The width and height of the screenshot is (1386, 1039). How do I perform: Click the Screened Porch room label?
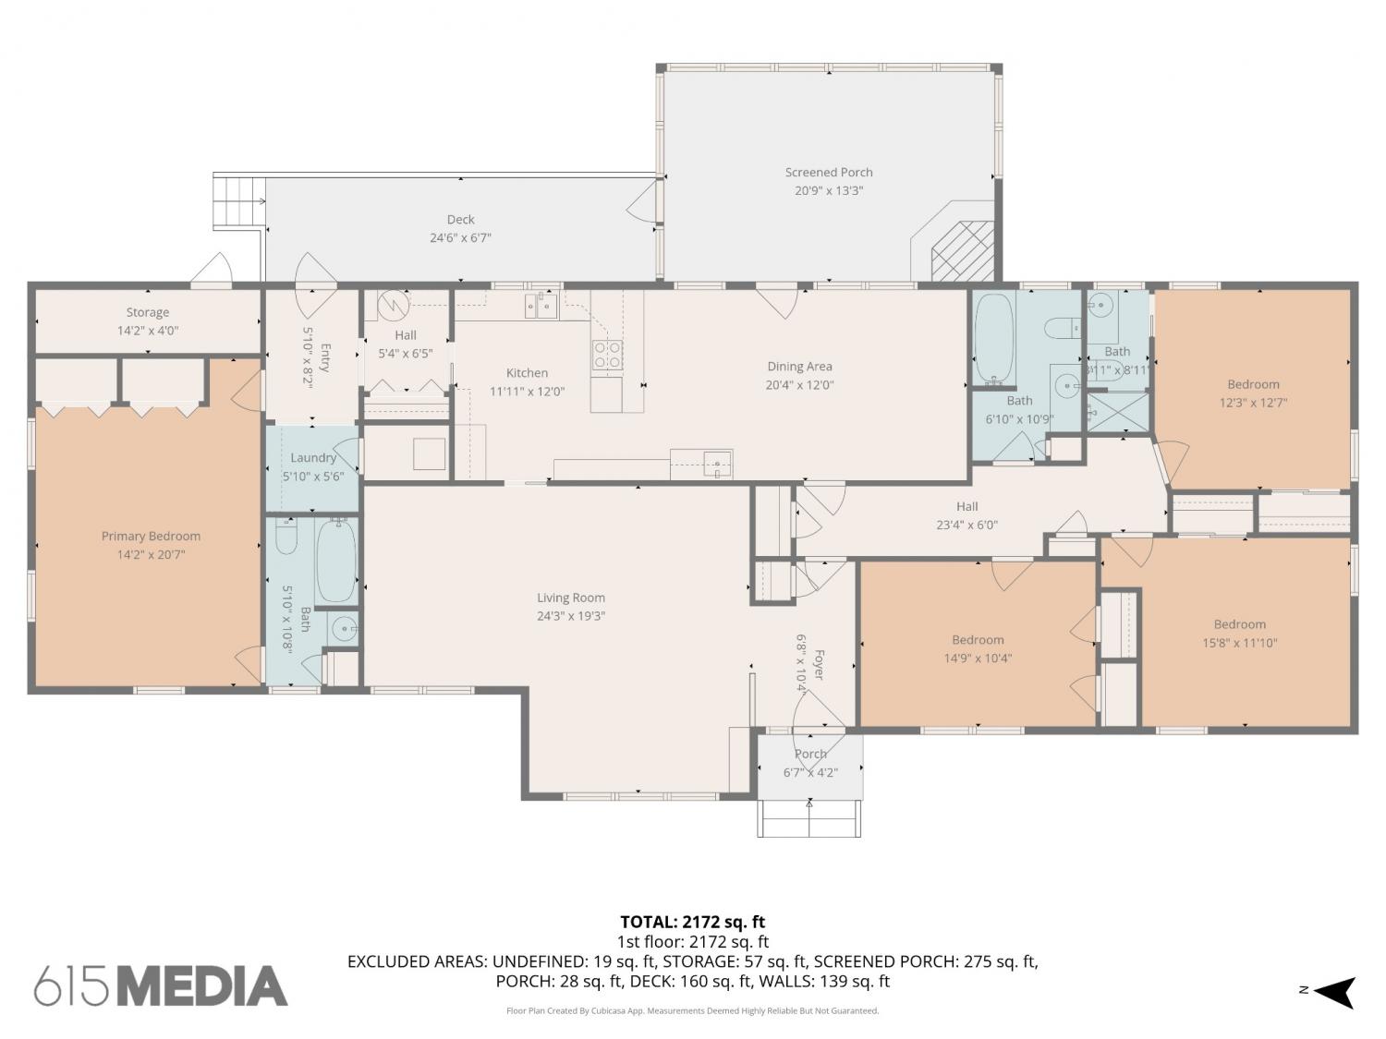click(x=829, y=172)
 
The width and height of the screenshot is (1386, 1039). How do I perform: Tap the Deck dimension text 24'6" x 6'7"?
click(x=460, y=238)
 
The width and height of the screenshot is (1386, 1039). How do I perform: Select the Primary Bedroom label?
click(x=151, y=537)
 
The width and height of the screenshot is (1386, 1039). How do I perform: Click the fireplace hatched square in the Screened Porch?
click(x=962, y=250)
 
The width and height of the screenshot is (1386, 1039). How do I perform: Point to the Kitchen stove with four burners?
click(x=607, y=356)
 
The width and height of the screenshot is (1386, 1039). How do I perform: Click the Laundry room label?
click(x=313, y=458)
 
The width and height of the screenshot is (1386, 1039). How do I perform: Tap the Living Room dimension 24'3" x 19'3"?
click(x=571, y=616)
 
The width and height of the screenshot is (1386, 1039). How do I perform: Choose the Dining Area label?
click(x=799, y=367)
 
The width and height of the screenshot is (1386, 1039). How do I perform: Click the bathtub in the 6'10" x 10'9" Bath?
click(x=994, y=338)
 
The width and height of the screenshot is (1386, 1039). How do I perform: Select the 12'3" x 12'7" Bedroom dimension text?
click(x=1253, y=403)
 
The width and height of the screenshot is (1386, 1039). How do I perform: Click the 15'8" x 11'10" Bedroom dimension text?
click(x=1239, y=644)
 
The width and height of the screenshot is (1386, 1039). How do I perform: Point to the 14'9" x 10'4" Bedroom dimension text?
click(x=978, y=658)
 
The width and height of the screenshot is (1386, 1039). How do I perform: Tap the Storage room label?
click(x=148, y=312)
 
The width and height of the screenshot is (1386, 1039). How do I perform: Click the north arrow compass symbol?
click(x=1331, y=993)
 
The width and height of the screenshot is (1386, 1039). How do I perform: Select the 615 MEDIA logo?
click(x=161, y=986)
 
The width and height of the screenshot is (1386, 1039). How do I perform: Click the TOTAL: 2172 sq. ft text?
click(x=693, y=923)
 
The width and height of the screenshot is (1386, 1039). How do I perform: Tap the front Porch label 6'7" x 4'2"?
click(x=810, y=763)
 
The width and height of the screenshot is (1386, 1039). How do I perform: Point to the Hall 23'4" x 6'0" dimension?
click(x=967, y=525)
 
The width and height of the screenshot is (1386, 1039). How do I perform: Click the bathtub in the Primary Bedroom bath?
click(x=336, y=561)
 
